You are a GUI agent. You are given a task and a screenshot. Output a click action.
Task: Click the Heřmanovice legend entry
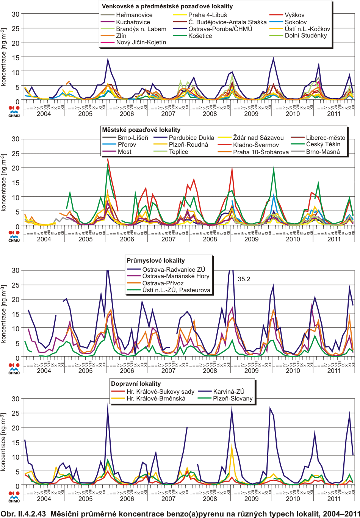(x=134, y=15)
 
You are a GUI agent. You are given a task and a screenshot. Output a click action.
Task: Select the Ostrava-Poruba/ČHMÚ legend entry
(x=220, y=29)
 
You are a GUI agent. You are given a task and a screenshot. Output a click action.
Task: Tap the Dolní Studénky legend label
(x=306, y=36)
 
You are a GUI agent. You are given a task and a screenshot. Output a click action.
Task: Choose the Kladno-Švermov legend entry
(x=256, y=145)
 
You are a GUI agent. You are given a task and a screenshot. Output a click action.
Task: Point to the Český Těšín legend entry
(x=323, y=144)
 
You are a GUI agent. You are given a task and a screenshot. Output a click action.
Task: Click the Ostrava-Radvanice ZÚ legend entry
(x=174, y=269)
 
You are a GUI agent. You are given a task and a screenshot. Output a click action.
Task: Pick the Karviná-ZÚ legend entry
(x=229, y=392)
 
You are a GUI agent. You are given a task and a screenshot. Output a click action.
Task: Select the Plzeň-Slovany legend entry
(x=233, y=399)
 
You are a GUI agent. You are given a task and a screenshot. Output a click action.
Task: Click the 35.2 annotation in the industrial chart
(x=244, y=279)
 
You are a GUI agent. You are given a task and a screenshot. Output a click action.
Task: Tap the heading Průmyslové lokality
(x=156, y=261)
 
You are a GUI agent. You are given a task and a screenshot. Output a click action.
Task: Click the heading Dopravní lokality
(x=136, y=384)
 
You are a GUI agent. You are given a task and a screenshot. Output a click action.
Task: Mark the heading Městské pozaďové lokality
(x=141, y=130)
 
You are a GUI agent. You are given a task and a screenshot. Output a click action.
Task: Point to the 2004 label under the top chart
(x=44, y=114)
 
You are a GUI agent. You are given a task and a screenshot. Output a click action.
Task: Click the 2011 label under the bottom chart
(x=334, y=499)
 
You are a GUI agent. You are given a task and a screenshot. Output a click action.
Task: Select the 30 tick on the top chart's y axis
(x=16, y=14)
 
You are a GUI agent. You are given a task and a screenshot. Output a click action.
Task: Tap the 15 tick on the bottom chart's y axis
(x=16, y=443)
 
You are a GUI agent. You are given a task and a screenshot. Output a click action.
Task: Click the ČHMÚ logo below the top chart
(x=14, y=111)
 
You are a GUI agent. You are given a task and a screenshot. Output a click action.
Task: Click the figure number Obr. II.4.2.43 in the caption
(x=23, y=514)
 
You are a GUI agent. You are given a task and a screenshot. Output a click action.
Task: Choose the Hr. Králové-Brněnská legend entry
(x=156, y=399)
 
